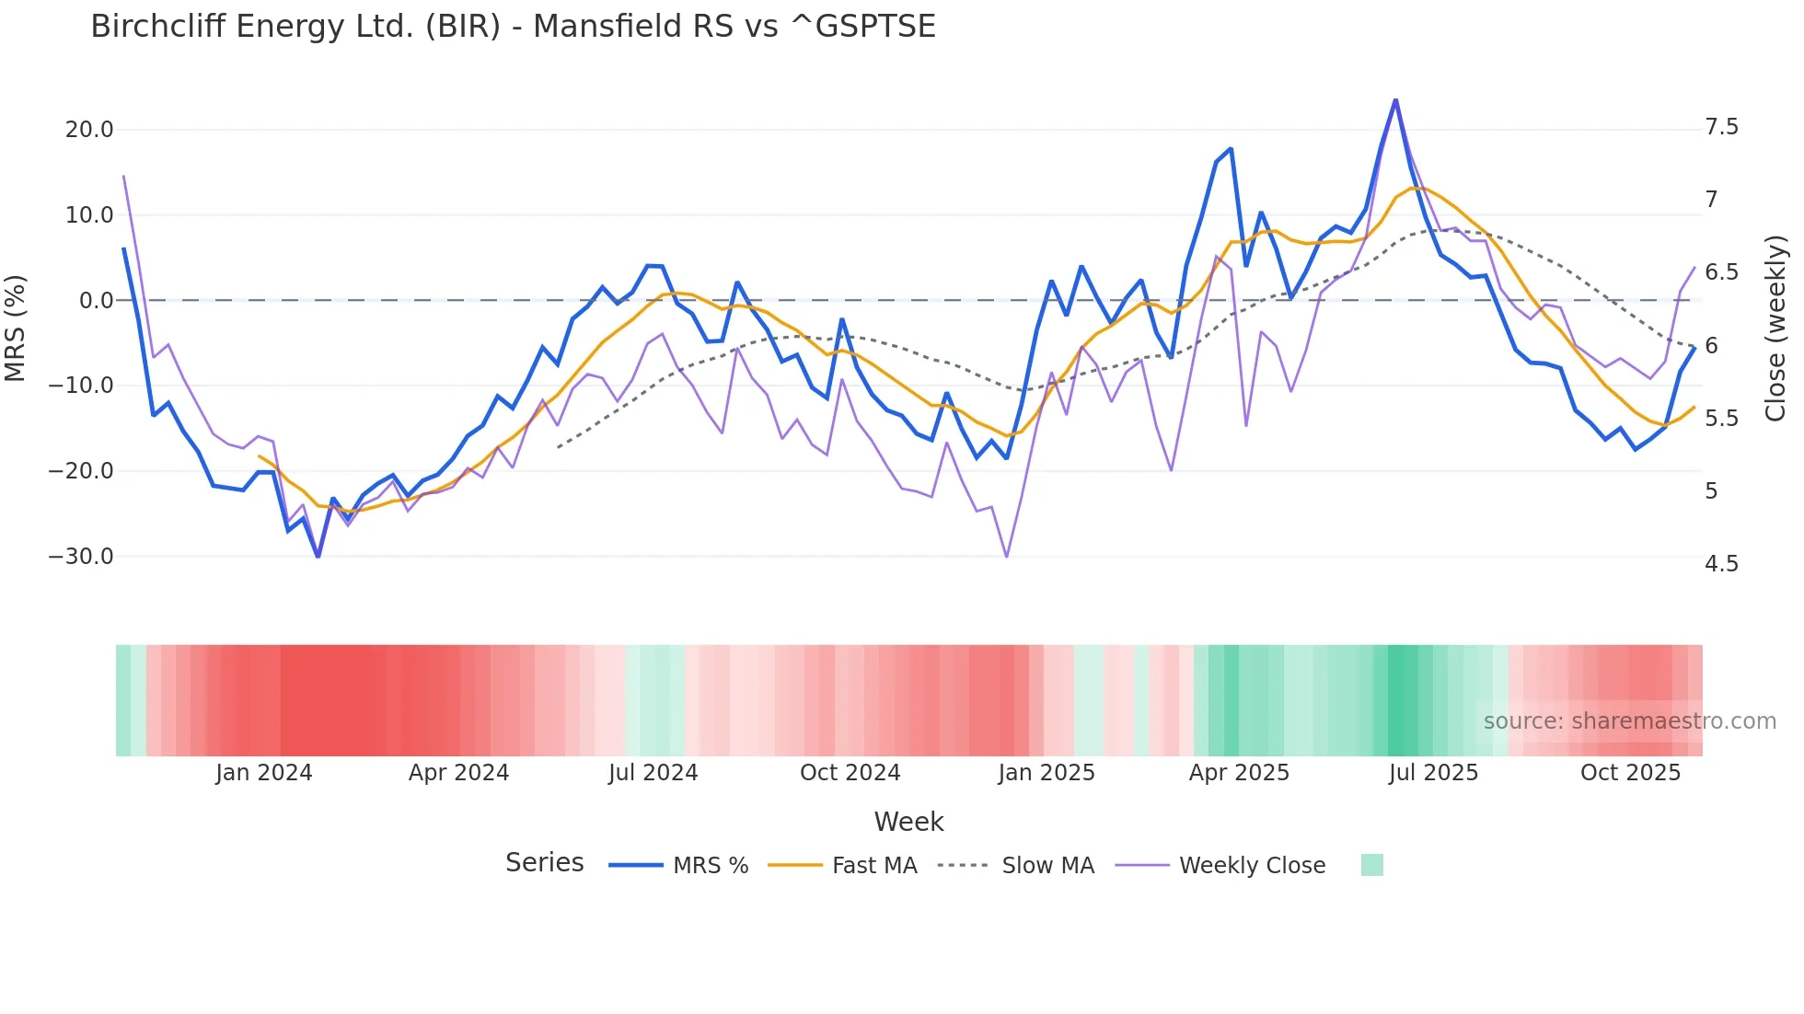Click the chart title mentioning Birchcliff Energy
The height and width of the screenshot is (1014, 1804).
click(x=513, y=27)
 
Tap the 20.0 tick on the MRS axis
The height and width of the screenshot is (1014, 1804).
click(x=89, y=130)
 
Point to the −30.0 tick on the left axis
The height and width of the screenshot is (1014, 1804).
click(x=81, y=557)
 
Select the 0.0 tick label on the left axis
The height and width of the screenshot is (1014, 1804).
click(x=96, y=301)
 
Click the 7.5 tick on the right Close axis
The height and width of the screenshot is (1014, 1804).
click(x=1721, y=127)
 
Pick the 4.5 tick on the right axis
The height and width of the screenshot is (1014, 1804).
click(x=1721, y=564)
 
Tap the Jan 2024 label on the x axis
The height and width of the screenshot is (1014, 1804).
click(x=264, y=773)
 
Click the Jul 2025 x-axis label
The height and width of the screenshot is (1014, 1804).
click(x=1433, y=773)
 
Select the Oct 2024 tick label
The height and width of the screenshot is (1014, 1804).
click(x=850, y=773)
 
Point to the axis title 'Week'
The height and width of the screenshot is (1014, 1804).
click(x=908, y=822)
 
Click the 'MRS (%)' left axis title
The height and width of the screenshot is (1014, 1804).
click(x=16, y=328)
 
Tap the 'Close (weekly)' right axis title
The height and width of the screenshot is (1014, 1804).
click(x=1775, y=328)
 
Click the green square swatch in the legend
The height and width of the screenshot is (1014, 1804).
click(x=1371, y=865)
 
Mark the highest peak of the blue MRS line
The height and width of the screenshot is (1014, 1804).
click(x=1395, y=100)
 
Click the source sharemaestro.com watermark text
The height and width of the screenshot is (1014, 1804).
click(x=1629, y=721)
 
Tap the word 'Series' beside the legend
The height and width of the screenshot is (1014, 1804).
click(x=544, y=863)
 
